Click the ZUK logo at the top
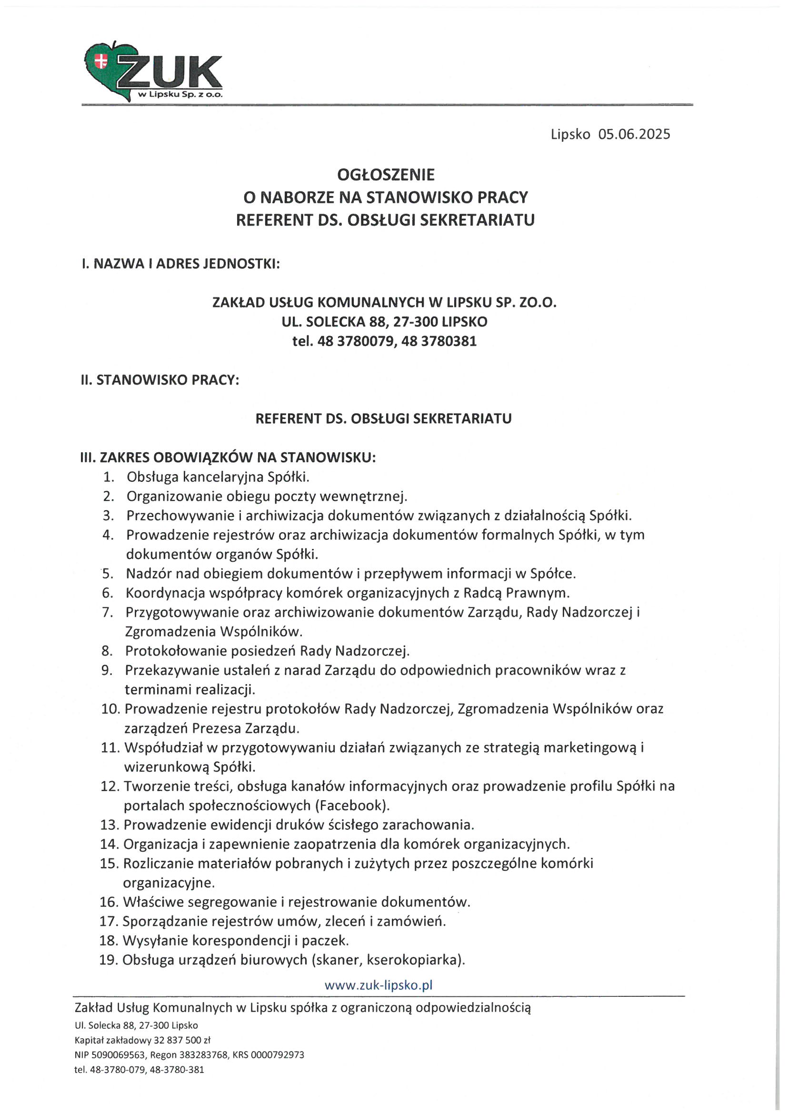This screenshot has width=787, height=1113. click(x=153, y=72)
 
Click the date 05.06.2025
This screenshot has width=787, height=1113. click(x=634, y=134)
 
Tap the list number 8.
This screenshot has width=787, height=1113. click(x=107, y=651)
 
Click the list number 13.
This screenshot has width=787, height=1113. click(x=109, y=825)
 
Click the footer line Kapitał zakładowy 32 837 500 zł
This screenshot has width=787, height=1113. click(x=142, y=1040)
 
